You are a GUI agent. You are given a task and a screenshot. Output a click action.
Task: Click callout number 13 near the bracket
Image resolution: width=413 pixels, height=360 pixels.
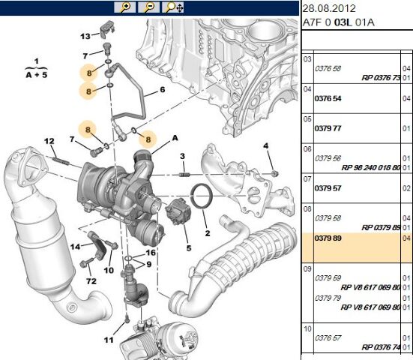click(85, 36)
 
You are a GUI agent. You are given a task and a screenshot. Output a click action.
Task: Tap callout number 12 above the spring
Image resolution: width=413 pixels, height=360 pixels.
click(49, 142)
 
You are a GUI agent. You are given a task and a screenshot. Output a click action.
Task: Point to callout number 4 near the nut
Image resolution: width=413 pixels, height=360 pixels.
click(265, 145)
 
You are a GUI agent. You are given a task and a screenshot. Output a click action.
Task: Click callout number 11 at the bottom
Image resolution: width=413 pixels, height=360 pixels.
click(108, 340)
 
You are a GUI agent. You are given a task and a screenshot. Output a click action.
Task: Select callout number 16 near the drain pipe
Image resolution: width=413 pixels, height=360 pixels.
click(150, 253)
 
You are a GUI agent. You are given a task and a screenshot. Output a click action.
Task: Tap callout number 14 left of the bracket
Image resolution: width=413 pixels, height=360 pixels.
click(75, 246)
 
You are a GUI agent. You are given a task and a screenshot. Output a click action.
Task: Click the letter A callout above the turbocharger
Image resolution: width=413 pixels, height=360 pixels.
click(175, 137)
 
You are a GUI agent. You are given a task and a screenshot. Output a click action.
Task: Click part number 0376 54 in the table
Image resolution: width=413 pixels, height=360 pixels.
click(328, 98)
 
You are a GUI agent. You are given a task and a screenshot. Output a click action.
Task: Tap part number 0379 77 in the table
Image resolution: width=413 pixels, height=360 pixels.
click(328, 127)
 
